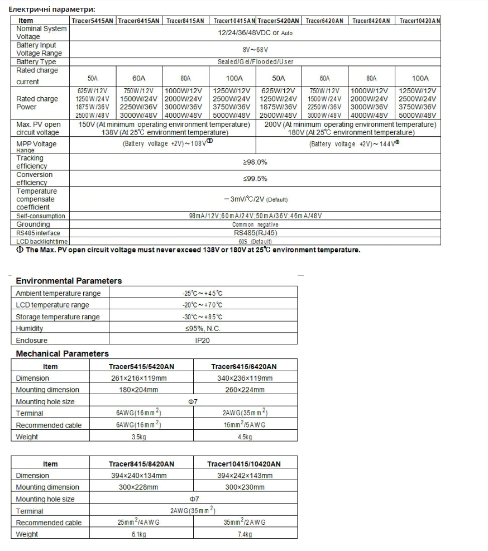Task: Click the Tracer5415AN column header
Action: click(93, 21)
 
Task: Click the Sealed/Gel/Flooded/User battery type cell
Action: click(255, 62)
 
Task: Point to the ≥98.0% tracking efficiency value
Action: click(255, 162)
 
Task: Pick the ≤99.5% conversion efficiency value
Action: click(255, 179)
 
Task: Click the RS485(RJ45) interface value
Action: click(255, 233)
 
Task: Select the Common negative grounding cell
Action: click(255, 224)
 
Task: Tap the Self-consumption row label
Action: click(40, 216)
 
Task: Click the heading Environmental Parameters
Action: click(69, 281)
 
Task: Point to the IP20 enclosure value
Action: click(203, 341)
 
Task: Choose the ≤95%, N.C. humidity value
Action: click(203, 329)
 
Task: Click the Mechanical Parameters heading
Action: click(63, 354)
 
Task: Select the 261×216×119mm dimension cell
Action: click(139, 378)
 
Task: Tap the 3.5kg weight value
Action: click(139, 437)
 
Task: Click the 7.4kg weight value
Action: click(245, 535)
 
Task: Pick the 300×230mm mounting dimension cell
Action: click(245, 487)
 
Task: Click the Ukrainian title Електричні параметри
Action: click(52, 9)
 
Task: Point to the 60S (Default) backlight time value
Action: click(255, 241)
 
